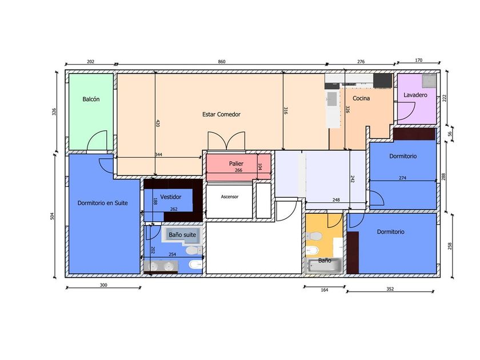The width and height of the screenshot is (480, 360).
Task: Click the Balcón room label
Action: coord(91,99)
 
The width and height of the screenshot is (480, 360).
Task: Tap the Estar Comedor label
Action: coord(221,114)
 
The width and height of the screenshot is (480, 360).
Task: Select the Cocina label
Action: coord(361,98)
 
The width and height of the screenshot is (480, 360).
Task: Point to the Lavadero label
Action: coord(415,95)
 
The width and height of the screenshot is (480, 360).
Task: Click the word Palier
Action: coord(236,163)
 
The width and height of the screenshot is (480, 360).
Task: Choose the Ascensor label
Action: coord(230,197)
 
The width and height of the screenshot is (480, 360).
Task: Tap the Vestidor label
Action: coord(171,197)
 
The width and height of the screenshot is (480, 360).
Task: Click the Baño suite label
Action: coord(182,235)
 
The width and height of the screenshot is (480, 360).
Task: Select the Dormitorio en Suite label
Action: coord(102,203)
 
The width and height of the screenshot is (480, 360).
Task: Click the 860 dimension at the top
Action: coord(222,62)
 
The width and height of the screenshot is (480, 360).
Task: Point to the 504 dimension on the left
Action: coord(52,216)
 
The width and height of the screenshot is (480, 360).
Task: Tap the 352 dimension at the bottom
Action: coord(390,289)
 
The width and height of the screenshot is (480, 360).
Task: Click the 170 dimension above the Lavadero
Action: coord(418,60)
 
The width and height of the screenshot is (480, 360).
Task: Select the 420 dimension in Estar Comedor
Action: coord(158,123)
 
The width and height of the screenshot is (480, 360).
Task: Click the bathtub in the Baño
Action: coord(325,266)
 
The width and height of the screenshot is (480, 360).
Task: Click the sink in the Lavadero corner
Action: coord(429,80)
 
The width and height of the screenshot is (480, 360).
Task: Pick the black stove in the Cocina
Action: coord(383,81)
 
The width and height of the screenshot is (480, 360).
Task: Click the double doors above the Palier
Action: coord(226,141)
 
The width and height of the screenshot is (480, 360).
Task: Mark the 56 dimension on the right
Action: coord(450,134)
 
